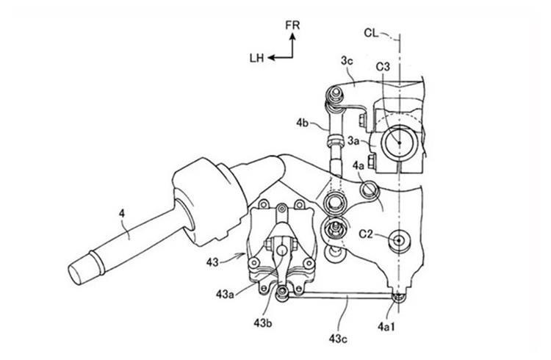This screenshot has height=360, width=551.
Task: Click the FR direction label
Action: tap(292, 25)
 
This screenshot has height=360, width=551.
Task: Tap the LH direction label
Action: tap(256, 58)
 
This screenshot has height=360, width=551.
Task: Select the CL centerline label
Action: tap(371, 33)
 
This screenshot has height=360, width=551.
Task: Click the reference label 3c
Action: tap(347, 61)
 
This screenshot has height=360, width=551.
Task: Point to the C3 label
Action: tap(383, 66)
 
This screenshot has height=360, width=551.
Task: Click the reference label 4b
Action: tap(303, 123)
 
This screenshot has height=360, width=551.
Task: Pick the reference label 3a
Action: tap(353, 141)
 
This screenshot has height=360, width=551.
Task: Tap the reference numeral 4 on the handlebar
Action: tap(121, 213)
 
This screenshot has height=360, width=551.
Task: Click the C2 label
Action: tap(366, 234)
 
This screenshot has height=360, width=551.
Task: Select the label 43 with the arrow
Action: tap(212, 262)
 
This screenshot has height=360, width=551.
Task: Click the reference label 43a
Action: tap(226, 295)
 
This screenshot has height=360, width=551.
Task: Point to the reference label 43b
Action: tap(263, 323)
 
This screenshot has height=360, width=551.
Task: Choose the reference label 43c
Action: tap(338, 339)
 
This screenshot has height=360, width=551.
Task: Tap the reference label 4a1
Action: tap(386, 327)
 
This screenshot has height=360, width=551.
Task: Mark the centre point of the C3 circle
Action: tap(399, 143)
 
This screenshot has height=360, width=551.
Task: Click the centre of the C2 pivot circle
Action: tap(399, 240)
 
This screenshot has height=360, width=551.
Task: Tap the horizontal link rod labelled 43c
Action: tap(340, 297)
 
